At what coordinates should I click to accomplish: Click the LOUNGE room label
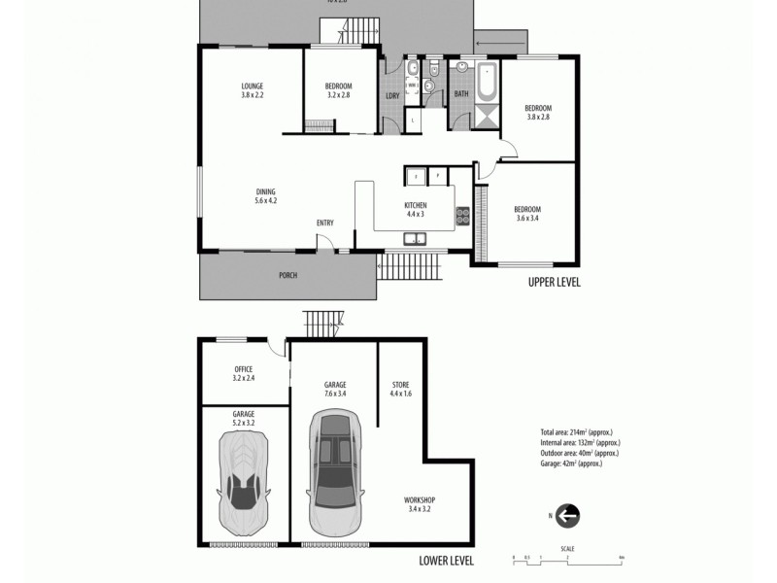pyautogui.click(x=253, y=86)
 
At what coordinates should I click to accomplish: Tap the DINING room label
pyautogui.click(x=266, y=192)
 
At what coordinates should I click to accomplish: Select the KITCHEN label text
pyautogui.click(x=416, y=206)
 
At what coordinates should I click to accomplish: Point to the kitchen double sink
pyautogui.click(x=415, y=239)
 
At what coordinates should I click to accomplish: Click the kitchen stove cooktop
pyautogui.click(x=463, y=218)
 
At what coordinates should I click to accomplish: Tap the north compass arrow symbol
pyautogui.click(x=568, y=516)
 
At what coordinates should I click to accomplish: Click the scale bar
pyautogui.click(x=567, y=557)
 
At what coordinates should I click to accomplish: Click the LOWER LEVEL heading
pyautogui.click(x=446, y=561)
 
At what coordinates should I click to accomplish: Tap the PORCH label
pyautogui.click(x=287, y=275)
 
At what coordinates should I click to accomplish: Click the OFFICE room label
pyautogui.click(x=244, y=369)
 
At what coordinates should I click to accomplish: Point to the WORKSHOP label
pyautogui.click(x=420, y=500)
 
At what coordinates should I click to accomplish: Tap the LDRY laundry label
pyautogui.click(x=392, y=95)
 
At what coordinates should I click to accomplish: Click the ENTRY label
pyautogui.click(x=324, y=223)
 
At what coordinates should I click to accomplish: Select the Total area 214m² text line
pyautogui.click(x=576, y=431)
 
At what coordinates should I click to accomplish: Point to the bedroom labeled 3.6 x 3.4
pyautogui.click(x=527, y=210)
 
